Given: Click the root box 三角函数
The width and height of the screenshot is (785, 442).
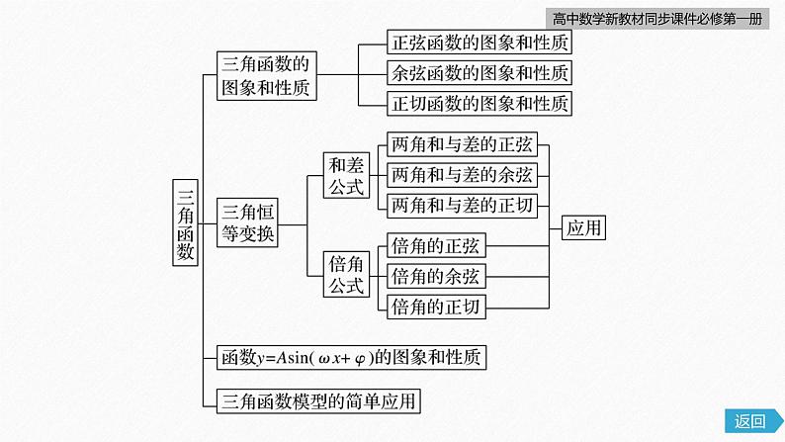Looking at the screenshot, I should (185, 221).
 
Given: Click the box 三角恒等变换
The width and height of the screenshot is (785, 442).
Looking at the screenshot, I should (249, 222).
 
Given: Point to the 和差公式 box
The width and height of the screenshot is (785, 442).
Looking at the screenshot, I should (347, 176).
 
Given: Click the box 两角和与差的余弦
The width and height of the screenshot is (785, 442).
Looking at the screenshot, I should (463, 176).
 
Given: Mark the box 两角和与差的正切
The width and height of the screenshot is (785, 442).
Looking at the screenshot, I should (463, 206).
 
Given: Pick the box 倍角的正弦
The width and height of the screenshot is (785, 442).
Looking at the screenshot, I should (435, 245).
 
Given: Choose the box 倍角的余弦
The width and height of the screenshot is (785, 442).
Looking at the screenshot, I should (435, 275).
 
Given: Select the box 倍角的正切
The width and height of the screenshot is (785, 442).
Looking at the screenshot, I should (435, 306).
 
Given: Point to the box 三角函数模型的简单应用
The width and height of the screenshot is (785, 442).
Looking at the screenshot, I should (317, 399).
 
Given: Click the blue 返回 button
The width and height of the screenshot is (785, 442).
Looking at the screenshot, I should (750, 421).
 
